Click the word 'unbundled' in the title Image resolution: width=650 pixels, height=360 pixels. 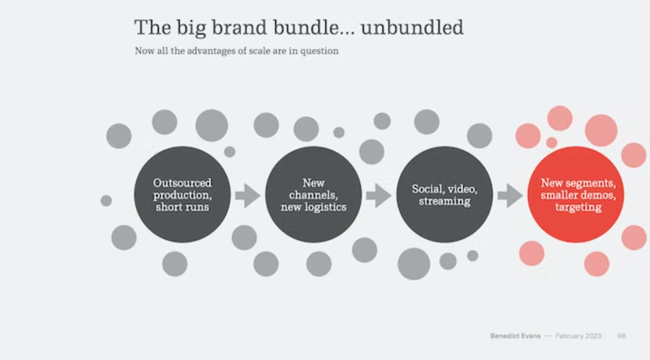click(412, 27)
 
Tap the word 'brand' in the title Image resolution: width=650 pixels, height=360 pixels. click(239, 27)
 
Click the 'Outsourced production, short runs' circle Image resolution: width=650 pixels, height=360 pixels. click(182, 194)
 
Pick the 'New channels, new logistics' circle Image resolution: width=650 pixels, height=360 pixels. click(313, 194)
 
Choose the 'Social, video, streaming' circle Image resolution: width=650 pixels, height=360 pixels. click(445, 194)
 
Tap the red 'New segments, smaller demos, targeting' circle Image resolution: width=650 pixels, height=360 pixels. click(575, 194)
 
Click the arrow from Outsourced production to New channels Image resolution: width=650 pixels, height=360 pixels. click(247, 196)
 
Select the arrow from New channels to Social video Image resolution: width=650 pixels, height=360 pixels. click(378, 196)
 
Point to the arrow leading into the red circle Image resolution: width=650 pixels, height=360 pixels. click(510, 196)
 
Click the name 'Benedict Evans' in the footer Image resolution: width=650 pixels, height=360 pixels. click(516, 336)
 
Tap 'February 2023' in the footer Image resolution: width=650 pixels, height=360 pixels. click(579, 336)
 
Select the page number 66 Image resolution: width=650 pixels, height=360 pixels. click(622, 336)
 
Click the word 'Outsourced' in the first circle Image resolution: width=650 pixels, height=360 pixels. click(183, 183)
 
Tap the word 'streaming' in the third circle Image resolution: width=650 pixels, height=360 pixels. click(445, 201)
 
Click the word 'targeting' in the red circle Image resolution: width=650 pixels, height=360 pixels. click(579, 207)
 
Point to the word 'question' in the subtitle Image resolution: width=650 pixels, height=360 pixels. click(319, 51)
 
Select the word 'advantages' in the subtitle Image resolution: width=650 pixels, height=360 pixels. click(211, 51)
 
